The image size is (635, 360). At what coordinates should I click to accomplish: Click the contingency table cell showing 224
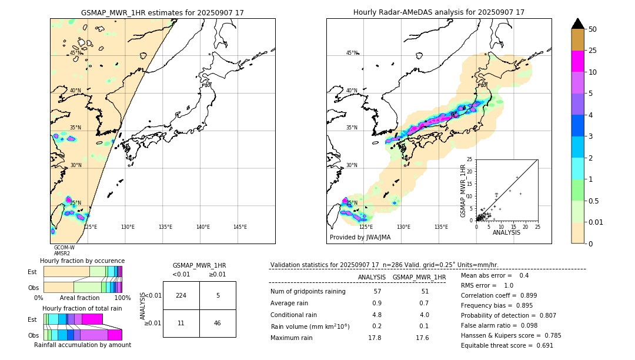point(181,295)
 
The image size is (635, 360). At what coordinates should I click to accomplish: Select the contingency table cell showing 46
point(218,323)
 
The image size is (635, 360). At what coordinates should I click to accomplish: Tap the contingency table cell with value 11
point(181,323)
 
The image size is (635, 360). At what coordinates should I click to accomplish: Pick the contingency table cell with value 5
point(218,295)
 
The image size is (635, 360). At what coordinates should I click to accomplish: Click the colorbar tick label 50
point(593,29)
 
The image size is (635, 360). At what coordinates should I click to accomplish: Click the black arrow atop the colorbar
point(578,24)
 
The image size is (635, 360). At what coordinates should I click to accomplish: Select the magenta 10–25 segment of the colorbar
point(578,61)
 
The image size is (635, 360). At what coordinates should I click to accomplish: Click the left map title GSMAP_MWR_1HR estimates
point(162,12)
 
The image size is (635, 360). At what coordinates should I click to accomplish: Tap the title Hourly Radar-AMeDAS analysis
point(439,12)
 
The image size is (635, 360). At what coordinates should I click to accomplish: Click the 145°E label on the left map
point(240,227)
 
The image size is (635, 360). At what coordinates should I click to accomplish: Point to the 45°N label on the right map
point(352,53)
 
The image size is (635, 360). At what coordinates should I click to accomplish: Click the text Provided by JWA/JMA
point(360,238)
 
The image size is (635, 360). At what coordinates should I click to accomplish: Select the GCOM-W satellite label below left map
point(64,248)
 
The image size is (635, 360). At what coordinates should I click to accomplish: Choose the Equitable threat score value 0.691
point(542,345)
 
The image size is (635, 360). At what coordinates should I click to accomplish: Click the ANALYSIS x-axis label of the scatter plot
point(506,232)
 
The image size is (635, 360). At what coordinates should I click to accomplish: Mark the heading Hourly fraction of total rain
point(82,308)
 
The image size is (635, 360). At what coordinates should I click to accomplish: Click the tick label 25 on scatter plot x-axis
point(537,226)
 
